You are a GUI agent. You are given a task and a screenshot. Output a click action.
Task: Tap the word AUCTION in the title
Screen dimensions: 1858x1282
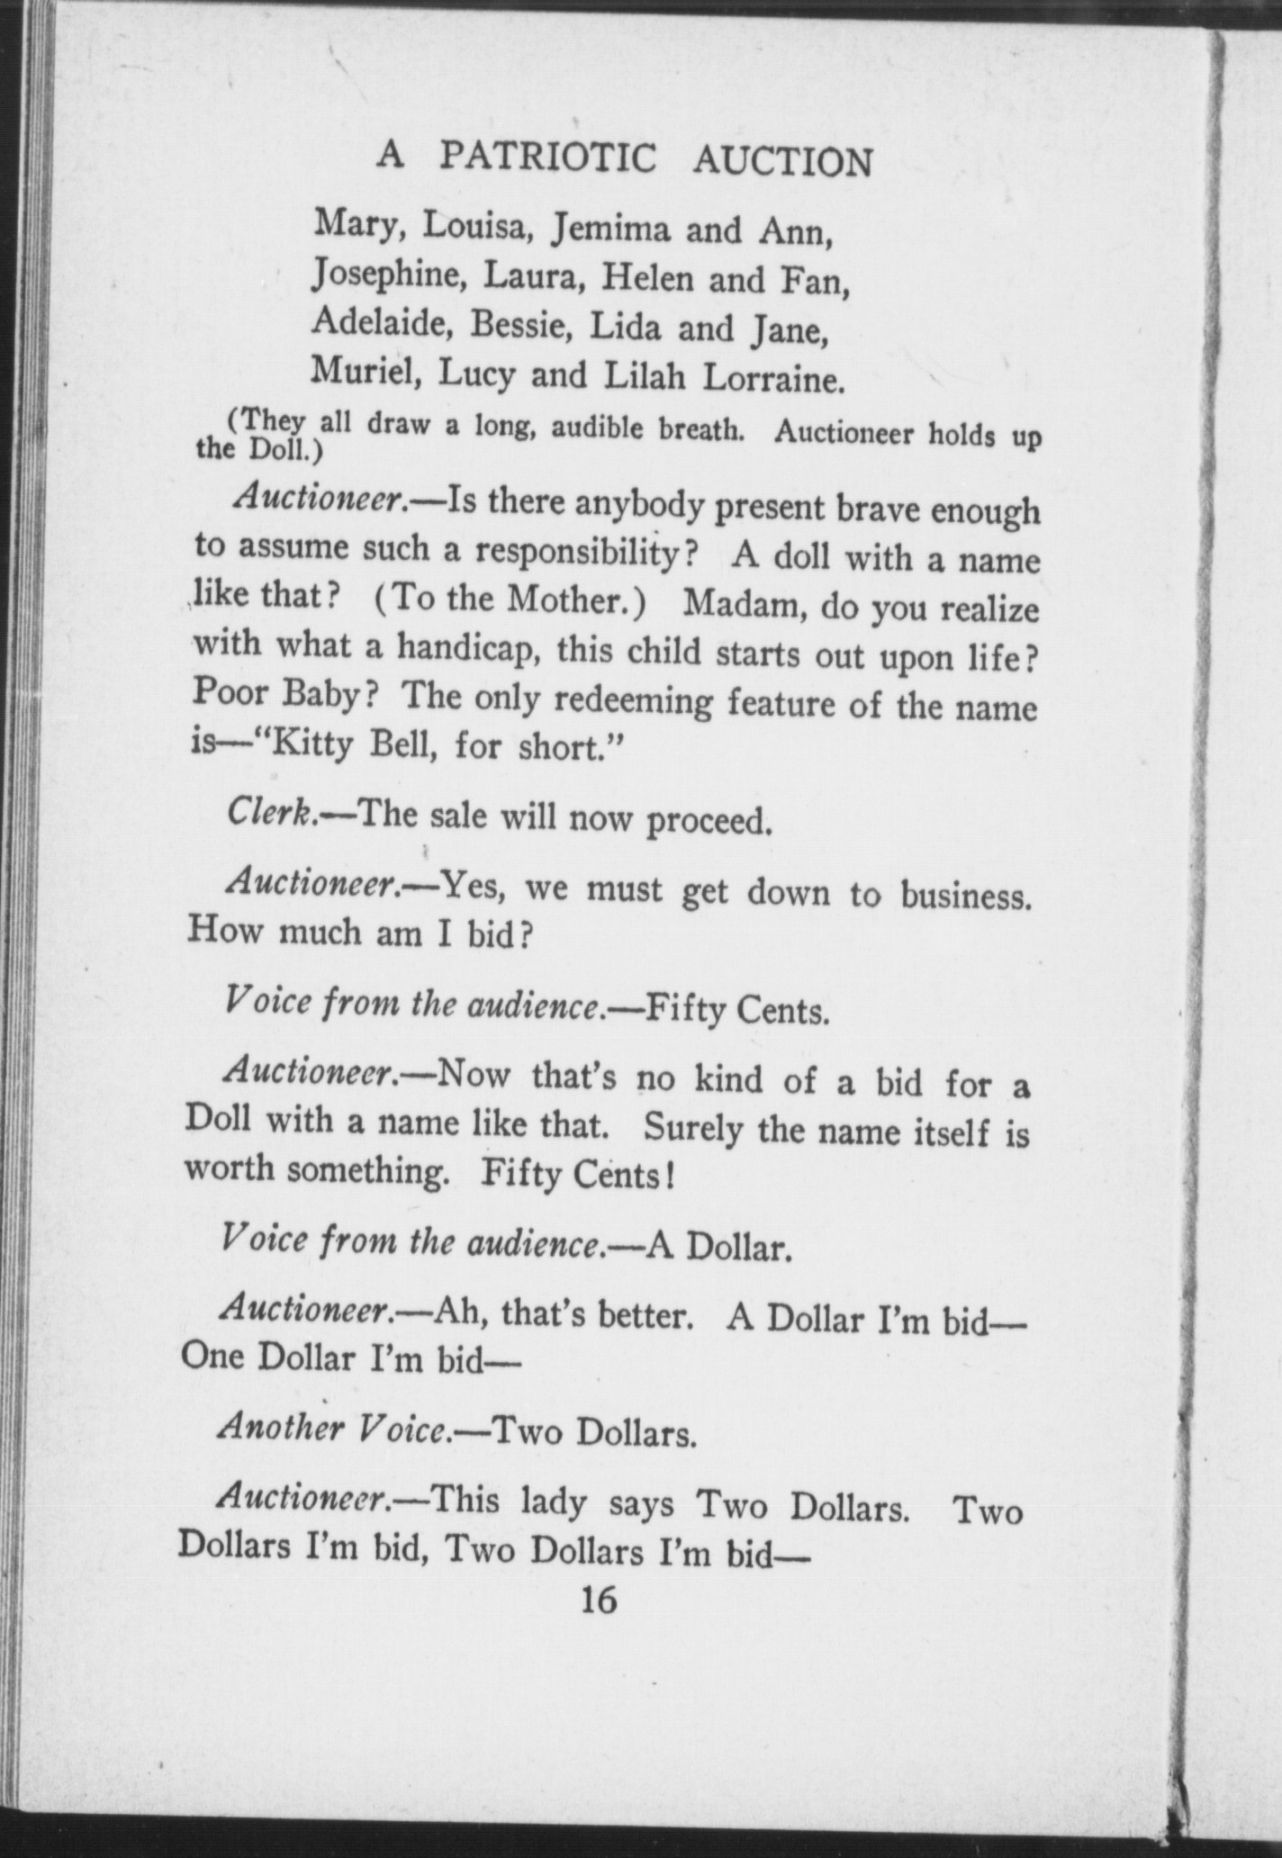[x=783, y=162]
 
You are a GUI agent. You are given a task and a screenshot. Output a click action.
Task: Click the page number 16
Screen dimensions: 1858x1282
[x=599, y=1600]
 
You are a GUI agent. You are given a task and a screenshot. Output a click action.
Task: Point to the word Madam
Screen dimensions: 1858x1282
[x=740, y=604]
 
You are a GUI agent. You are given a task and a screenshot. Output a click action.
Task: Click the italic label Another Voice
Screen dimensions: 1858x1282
[x=333, y=1427]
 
